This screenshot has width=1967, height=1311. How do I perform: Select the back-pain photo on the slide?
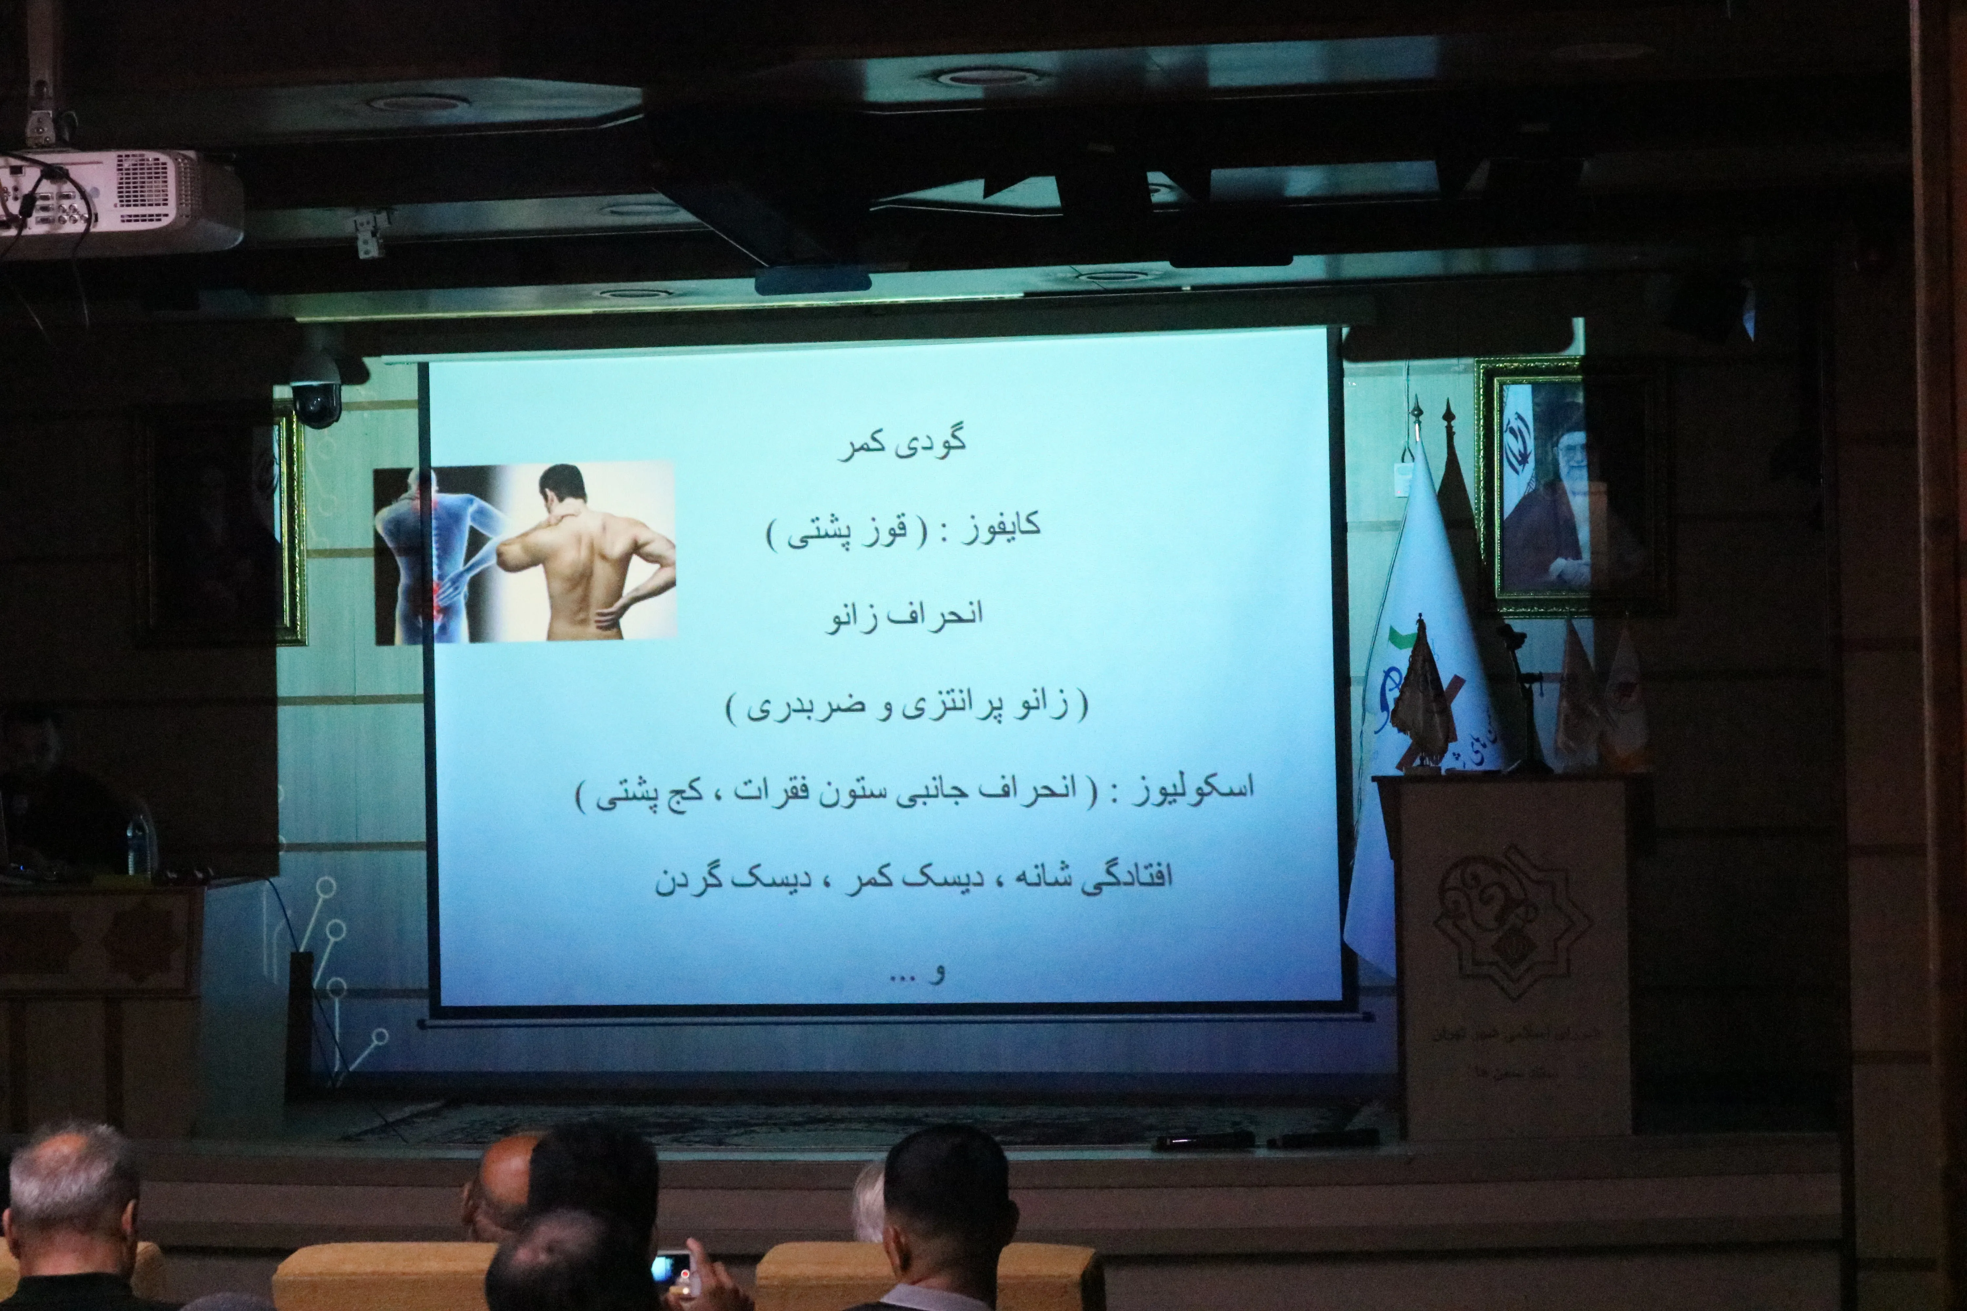[x=525, y=554]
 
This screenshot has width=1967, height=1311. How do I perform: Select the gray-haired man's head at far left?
[x=71, y=1187]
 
